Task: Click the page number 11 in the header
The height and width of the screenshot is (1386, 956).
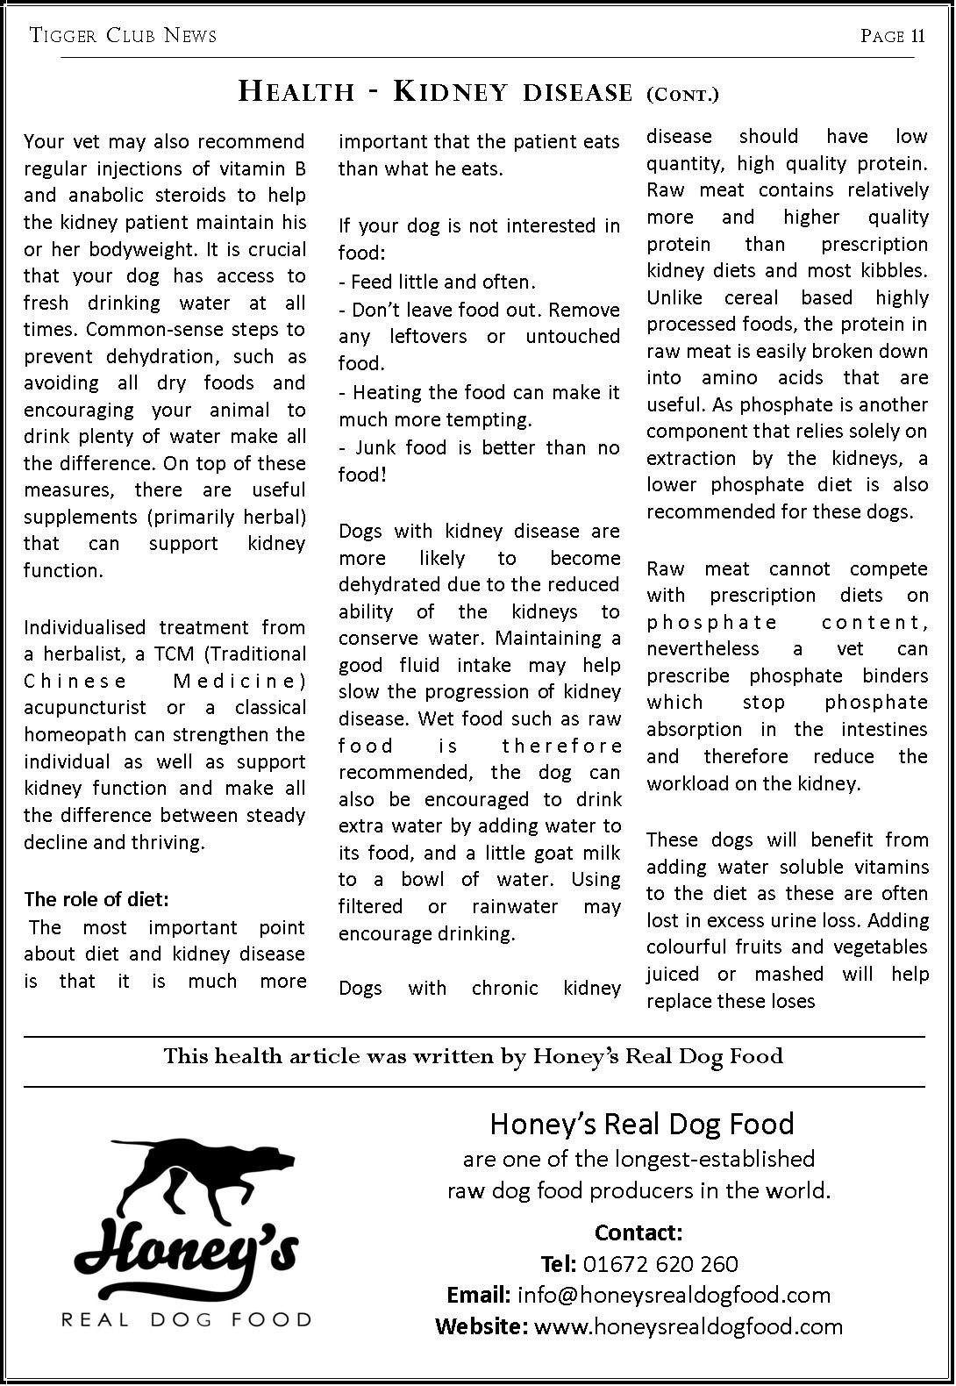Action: coord(917,36)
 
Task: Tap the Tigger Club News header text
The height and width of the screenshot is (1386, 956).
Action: coord(123,36)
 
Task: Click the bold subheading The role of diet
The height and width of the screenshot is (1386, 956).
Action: coord(96,899)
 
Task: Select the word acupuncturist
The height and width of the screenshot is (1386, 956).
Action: coord(84,707)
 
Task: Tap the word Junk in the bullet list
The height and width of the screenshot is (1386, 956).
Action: coord(377,447)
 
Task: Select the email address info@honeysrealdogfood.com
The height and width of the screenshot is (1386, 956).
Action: coord(674,1295)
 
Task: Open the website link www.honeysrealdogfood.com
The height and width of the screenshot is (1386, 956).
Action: coord(688,1326)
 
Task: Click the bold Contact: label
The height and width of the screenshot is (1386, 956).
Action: coord(638,1232)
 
